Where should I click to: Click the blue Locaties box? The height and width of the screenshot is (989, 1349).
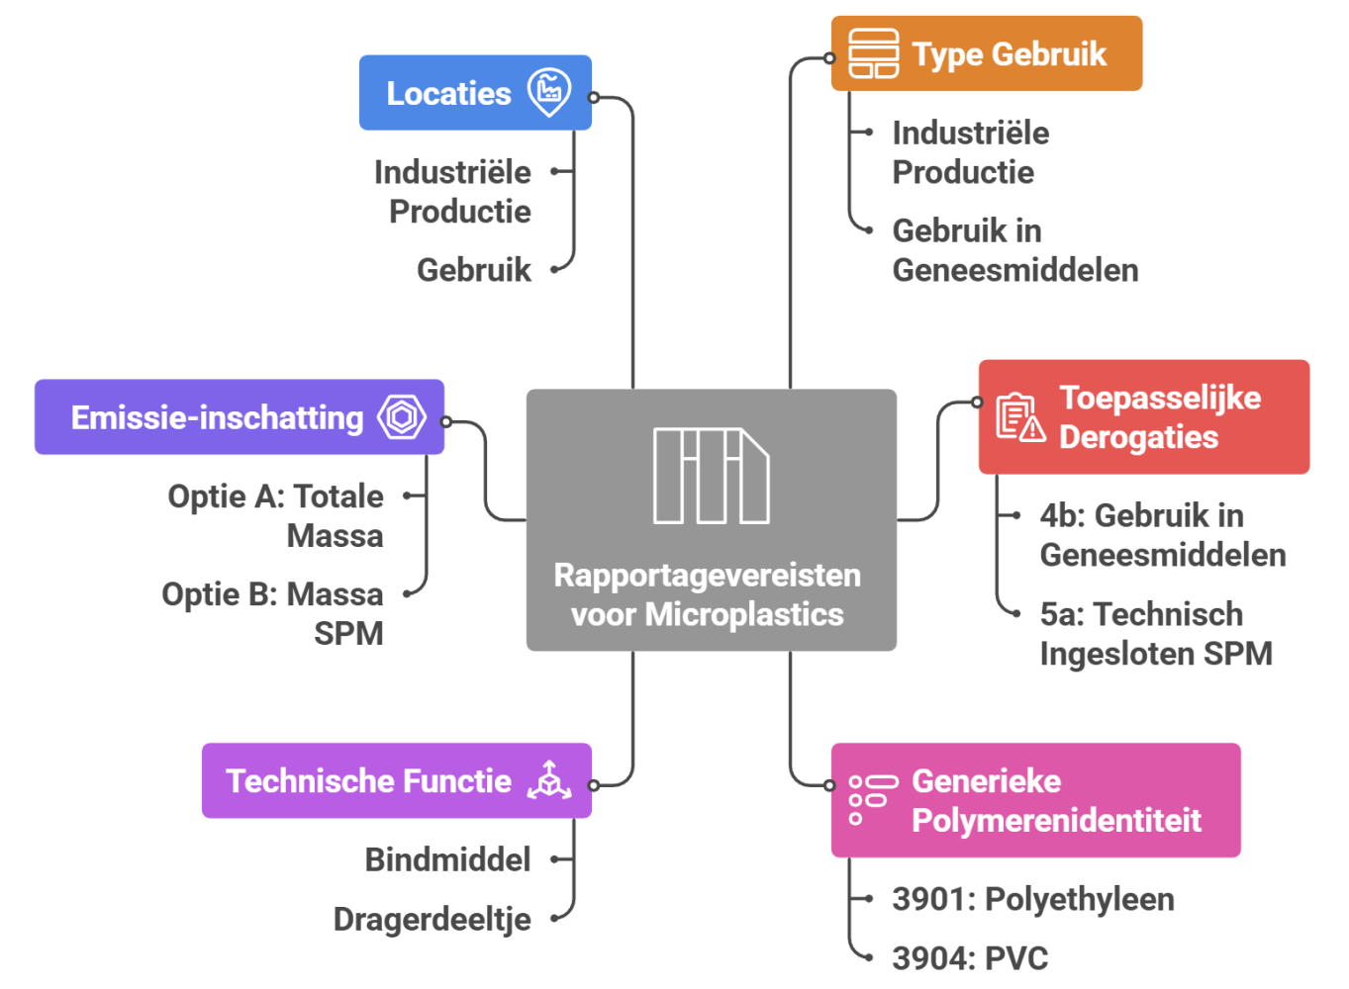[x=475, y=93]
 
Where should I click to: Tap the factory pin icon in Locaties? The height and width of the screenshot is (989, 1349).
[x=548, y=92]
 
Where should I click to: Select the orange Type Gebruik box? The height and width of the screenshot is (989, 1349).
[x=987, y=53]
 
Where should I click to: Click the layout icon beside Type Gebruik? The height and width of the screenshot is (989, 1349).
[x=873, y=53]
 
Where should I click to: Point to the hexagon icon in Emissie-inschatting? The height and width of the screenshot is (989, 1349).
[x=402, y=416]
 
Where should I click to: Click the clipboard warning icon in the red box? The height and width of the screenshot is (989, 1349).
[x=1020, y=417]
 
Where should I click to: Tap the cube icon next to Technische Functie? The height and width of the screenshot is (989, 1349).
[x=548, y=780]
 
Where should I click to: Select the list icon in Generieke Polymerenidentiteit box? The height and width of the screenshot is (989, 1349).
[x=873, y=800]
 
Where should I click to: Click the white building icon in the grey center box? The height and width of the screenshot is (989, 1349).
[x=712, y=476]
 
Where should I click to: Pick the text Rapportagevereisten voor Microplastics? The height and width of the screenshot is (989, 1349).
[x=708, y=594]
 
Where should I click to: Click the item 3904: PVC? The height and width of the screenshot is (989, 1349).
[x=970, y=957]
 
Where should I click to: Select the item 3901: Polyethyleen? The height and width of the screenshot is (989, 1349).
[x=1033, y=899]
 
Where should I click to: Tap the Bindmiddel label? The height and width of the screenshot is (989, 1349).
[x=448, y=859]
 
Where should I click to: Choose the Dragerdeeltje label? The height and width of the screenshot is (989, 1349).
[x=433, y=919]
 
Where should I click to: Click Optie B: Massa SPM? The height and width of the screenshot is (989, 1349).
[x=273, y=613]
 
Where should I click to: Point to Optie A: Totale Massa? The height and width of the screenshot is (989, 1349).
[x=276, y=516]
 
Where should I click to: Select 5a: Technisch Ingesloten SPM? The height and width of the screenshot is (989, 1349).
[x=1156, y=634]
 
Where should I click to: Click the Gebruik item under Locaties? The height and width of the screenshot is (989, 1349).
[x=474, y=270]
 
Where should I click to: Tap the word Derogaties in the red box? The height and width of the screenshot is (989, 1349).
[x=1138, y=436]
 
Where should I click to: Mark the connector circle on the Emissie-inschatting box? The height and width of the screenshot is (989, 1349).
[x=445, y=422]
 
